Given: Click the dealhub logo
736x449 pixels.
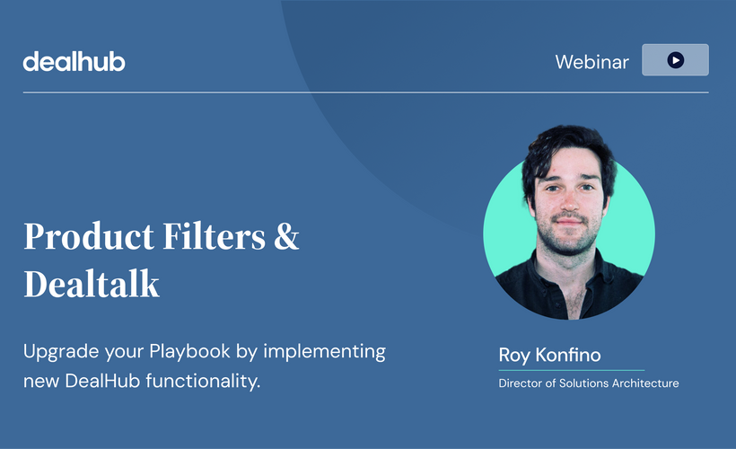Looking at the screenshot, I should (74, 61).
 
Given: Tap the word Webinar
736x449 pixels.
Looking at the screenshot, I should (591, 62).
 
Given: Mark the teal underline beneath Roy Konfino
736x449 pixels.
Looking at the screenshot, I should (571, 369).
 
